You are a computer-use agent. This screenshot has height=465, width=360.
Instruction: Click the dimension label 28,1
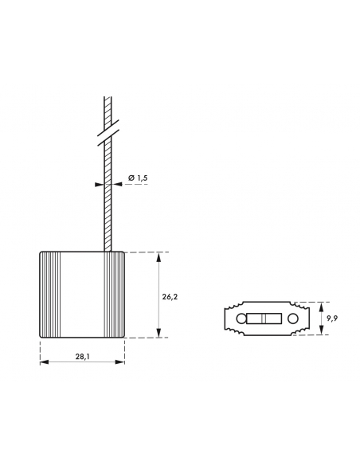[x=82, y=357]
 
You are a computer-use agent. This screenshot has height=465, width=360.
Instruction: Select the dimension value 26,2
[x=170, y=296]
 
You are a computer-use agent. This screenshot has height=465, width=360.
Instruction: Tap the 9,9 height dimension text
[x=332, y=318]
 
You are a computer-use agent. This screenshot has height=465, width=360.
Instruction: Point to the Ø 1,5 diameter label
[x=138, y=178]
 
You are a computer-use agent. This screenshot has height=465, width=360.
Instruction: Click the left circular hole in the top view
[x=241, y=318]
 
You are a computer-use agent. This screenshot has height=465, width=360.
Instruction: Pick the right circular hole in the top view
[x=293, y=318]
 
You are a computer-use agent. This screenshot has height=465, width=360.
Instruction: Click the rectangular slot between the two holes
[x=264, y=318]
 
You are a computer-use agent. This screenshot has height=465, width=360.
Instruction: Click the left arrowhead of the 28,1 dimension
[x=45, y=362]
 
